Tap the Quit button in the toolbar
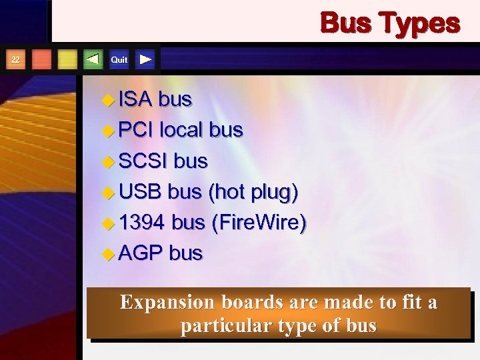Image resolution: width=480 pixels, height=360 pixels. click(119, 60)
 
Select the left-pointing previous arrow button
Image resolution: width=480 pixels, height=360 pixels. click(93, 59)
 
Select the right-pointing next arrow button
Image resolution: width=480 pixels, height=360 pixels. click(146, 59)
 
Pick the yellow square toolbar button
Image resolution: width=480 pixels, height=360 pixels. click(67, 59)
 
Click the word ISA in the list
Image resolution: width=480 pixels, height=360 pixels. click(136, 100)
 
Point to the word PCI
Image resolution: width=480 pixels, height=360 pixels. click(137, 130)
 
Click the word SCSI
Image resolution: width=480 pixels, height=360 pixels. click(143, 161)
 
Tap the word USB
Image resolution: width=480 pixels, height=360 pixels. click(141, 192)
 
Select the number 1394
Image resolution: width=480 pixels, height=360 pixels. click(142, 223)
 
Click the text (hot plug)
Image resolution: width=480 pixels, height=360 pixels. click(253, 192)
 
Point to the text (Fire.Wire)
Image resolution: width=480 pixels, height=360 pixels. click(259, 223)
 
